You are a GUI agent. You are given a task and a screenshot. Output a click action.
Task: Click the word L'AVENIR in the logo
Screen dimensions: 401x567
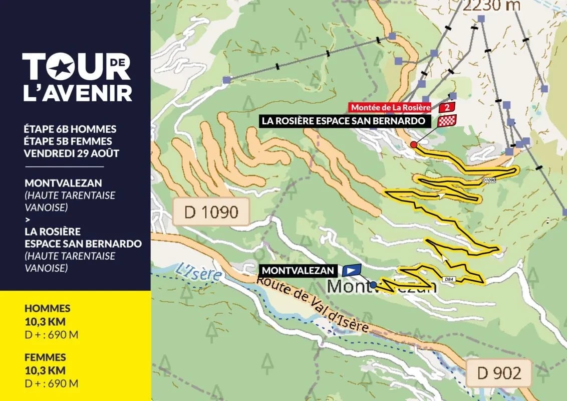click(x=78, y=93)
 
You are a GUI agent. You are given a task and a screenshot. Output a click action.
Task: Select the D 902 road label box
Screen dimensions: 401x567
click(x=499, y=373)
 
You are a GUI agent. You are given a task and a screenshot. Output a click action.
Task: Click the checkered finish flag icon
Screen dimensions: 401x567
click(x=447, y=121)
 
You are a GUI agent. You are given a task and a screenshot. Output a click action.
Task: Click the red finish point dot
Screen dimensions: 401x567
click(x=413, y=144)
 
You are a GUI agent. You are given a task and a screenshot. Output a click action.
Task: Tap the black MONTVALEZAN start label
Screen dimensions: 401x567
click(x=298, y=270)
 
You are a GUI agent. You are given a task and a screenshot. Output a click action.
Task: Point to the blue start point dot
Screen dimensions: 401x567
click(x=373, y=284)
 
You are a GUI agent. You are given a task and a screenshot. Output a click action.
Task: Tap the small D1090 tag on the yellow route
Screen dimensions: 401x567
click(x=489, y=179)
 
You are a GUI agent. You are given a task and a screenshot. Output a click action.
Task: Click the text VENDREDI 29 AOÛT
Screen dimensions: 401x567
click(x=72, y=153)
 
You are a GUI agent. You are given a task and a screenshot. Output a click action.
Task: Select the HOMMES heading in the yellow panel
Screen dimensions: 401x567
click(x=47, y=309)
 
